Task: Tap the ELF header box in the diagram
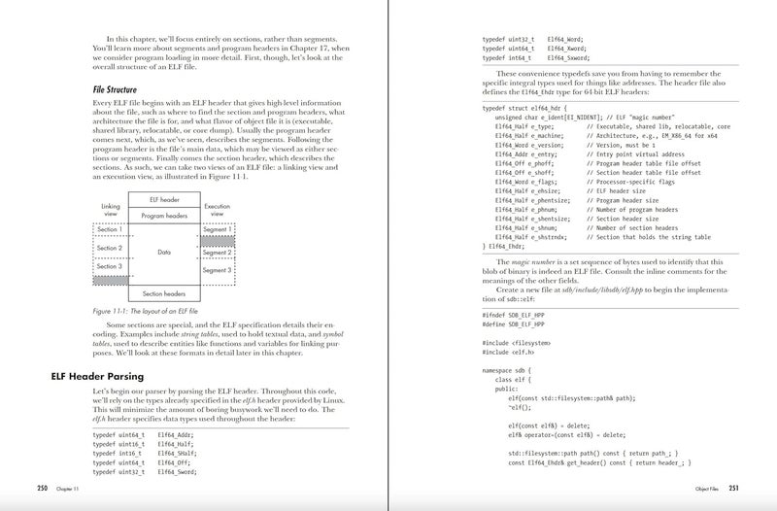pos(163,199)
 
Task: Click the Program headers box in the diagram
pos(163,215)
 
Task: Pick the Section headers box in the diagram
pos(163,292)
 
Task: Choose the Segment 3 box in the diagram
pos(217,269)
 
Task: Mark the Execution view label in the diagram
pos(218,209)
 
